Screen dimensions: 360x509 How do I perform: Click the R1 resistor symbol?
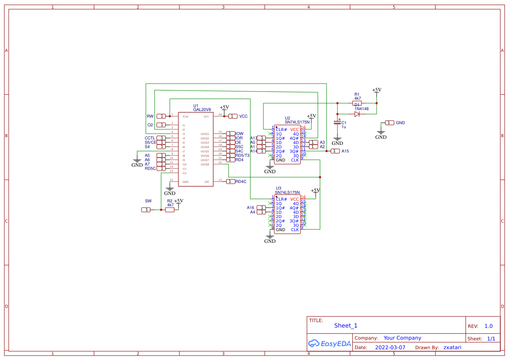point(357,103)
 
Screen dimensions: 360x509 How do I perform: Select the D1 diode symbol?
point(357,114)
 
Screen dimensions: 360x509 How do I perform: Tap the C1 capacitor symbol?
point(337,123)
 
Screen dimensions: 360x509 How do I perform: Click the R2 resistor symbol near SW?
point(170,209)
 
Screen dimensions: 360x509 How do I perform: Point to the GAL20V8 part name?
point(202,110)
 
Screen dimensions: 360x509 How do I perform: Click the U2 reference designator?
point(287,118)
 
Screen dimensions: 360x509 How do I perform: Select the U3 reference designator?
point(279,188)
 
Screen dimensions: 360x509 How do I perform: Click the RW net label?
point(150,116)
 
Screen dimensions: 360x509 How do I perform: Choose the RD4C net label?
point(241,182)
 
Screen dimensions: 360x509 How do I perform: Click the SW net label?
point(148,201)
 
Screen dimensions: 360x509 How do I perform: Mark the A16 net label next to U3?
point(250,208)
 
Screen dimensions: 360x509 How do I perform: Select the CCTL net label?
point(150,138)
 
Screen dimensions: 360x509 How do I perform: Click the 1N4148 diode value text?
point(361,109)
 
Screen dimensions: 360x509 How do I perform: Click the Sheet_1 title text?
point(346,326)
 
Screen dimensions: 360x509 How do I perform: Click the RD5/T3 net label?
point(243,155)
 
